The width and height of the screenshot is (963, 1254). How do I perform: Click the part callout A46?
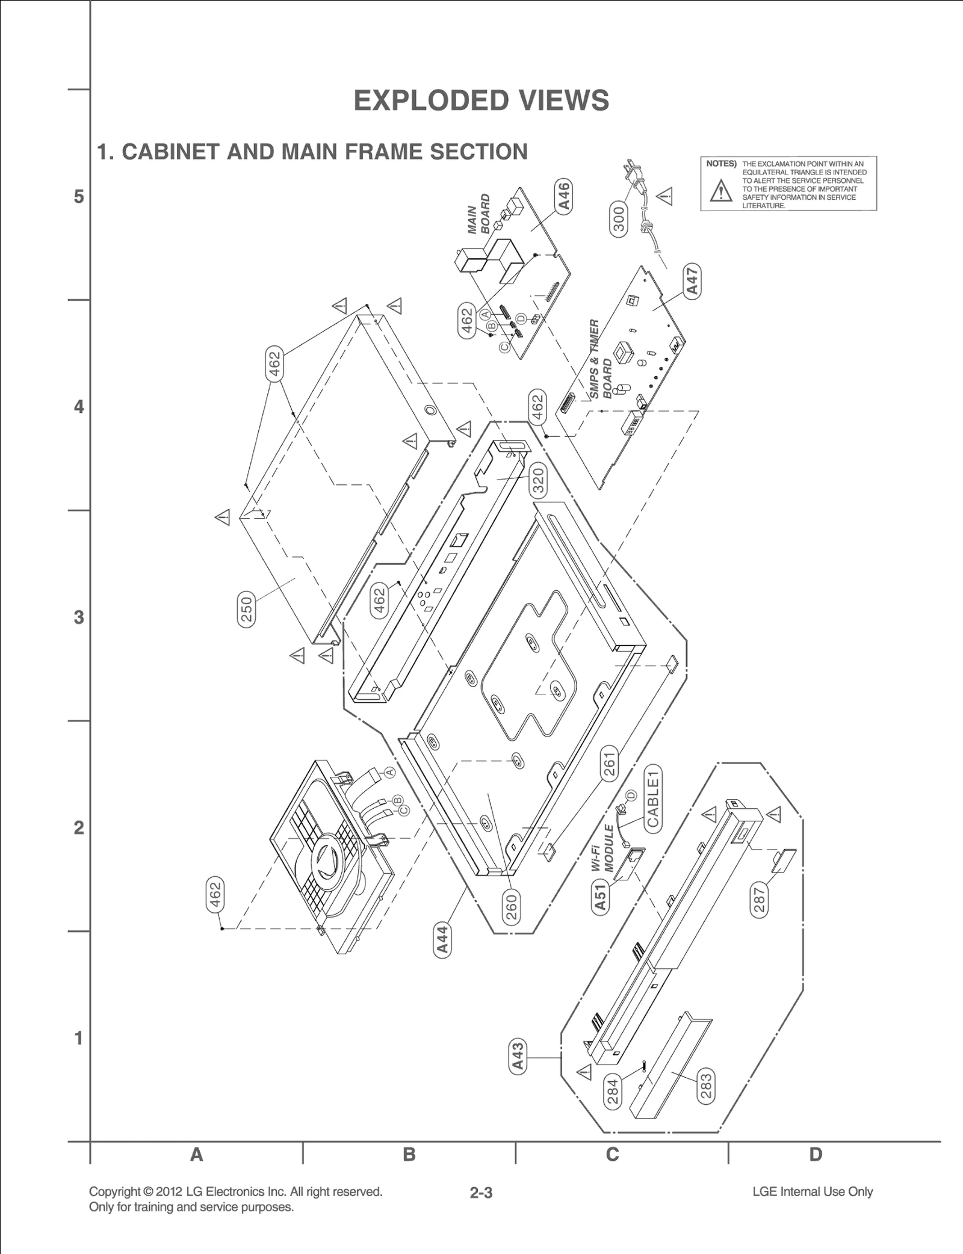[x=565, y=196]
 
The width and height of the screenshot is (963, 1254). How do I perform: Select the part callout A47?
[x=693, y=280]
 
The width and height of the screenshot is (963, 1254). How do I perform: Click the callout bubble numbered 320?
[x=538, y=481]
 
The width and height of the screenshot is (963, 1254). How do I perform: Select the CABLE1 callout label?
[x=653, y=798]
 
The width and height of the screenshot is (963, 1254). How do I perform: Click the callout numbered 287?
[x=760, y=900]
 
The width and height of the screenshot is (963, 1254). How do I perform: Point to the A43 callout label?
[x=518, y=1057]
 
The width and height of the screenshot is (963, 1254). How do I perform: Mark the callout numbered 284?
[x=613, y=1092]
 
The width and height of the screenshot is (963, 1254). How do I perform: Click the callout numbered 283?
[x=706, y=1086]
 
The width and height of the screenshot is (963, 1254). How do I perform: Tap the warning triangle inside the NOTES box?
[x=720, y=191]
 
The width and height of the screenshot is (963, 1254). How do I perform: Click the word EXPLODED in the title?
[x=424, y=100]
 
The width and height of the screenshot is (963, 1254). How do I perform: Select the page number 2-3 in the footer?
[x=482, y=1192]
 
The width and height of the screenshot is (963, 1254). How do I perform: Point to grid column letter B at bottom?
[x=409, y=1154]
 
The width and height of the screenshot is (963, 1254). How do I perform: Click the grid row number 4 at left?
[x=79, y=407]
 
